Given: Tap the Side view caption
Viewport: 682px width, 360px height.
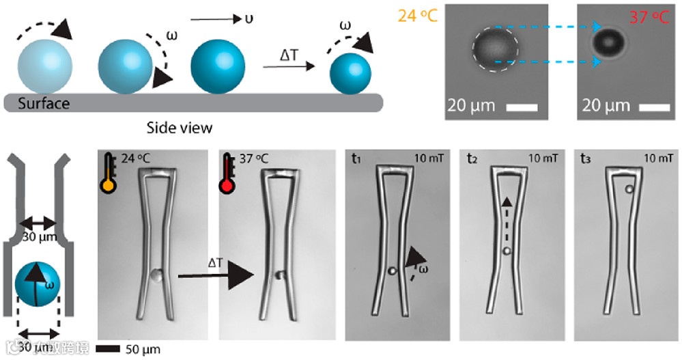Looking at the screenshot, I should coord(180,127).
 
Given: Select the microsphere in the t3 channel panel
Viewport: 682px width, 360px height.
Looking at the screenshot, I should coord(629,189).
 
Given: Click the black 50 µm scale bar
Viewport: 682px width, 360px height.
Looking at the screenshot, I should coord(109,349).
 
